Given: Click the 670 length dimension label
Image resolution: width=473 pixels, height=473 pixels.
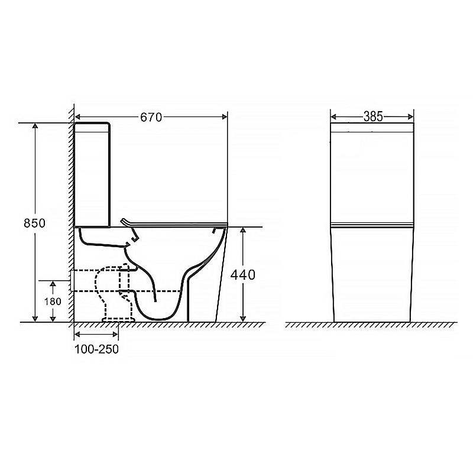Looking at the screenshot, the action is (151, 117).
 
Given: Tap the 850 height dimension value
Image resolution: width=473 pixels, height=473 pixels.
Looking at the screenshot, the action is (35, 223).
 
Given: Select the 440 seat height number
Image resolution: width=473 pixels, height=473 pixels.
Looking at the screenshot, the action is (243, 275).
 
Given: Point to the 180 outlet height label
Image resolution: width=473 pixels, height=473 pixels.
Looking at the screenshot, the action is (53, 302).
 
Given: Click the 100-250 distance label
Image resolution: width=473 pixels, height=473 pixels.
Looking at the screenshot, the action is (96, 349).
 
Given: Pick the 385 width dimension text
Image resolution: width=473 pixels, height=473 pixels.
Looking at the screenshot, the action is (373, 116).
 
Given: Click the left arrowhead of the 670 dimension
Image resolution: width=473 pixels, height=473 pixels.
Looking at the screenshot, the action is (77, 116).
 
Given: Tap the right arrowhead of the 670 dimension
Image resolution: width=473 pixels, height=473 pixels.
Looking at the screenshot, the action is (225, 116).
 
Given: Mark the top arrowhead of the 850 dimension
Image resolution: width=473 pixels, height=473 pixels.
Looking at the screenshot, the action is (35, 126).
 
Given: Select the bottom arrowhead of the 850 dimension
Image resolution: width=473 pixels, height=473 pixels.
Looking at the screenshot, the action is (35, 319).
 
